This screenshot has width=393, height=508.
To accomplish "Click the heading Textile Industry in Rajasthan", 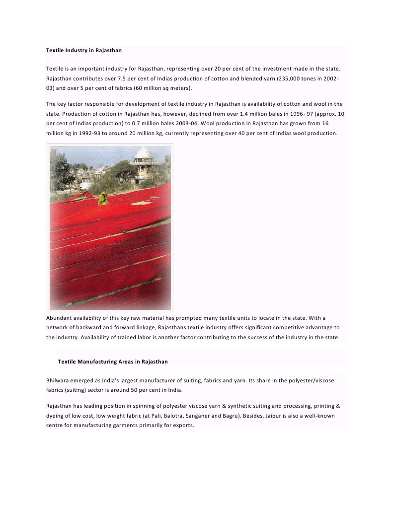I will (83, 51).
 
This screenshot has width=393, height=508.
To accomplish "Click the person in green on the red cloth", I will (103, 198).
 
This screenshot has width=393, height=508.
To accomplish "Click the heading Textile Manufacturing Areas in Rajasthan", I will (113, 362).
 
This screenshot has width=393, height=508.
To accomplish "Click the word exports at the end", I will (182, 426).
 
